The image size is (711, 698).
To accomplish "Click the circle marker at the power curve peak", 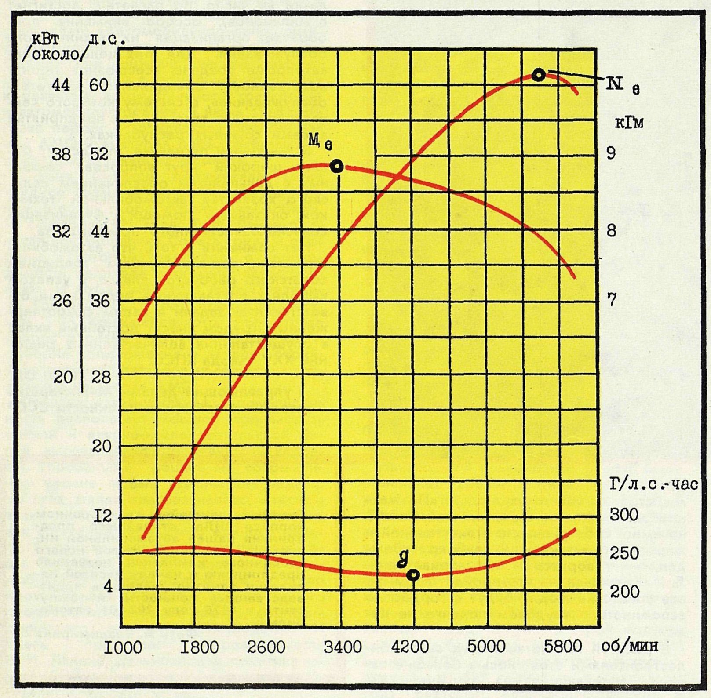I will click(538, 75).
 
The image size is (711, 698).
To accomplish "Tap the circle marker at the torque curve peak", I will click(337, 167).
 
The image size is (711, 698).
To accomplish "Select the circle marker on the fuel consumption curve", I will click(412, 575).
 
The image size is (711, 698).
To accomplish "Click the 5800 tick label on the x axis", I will click(562, 646).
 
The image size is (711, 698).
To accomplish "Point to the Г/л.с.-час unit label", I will click(653, 484).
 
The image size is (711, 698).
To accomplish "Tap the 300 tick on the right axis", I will click(624, 514).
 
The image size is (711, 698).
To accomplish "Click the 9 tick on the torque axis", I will click(611, 153).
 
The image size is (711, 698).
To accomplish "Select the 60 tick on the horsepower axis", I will click(99, 84).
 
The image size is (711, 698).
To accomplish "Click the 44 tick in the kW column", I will click(61, 84).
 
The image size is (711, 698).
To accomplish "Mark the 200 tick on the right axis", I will click(624, 592).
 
